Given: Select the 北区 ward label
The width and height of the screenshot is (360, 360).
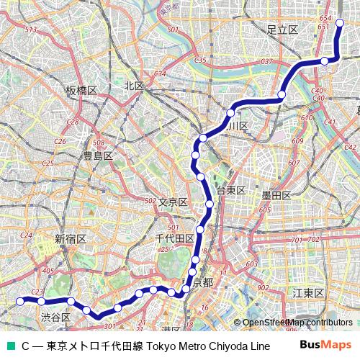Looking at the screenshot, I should [133, 86].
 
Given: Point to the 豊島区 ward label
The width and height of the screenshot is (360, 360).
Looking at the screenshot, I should [97, 156].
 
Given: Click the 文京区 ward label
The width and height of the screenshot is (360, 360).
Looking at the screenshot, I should [173, 202].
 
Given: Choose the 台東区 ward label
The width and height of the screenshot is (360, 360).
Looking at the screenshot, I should [231, 191].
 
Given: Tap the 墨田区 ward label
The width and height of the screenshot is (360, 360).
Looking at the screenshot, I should [276, 195].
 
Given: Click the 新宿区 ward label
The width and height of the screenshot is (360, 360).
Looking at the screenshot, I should [71, 238].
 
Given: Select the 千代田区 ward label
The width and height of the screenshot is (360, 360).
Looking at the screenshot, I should [174, 238].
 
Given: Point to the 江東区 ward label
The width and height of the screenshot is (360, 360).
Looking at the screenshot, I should [309, 293].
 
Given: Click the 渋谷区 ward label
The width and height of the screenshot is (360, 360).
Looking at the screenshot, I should [55, 317].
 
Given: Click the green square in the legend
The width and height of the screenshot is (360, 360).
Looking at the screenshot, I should [9, 346].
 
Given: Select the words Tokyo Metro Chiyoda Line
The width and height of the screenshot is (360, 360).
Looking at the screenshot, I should [205, 346].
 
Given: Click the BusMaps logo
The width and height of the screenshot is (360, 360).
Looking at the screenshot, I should [325, 346].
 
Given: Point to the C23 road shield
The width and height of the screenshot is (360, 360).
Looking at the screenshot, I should [39, 292].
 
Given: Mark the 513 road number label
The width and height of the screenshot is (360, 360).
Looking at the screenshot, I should [30, 30].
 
